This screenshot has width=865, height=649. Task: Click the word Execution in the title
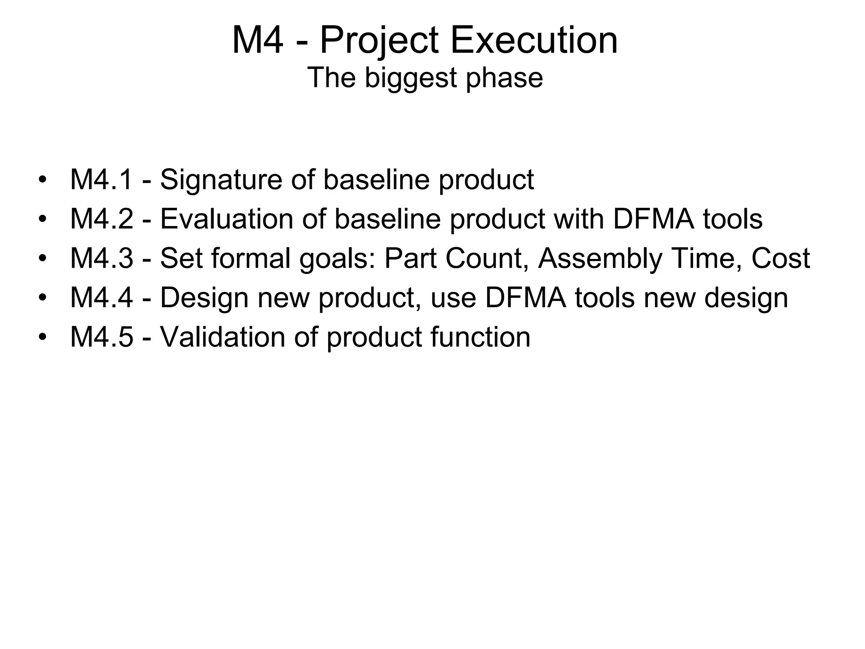tap(534, 41)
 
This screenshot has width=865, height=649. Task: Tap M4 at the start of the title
tap(257, 41)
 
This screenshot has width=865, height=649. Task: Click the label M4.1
tap(101, 180)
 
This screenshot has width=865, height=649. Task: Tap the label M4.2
tap(101, 219)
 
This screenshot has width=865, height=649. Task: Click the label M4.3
tap(101, 258)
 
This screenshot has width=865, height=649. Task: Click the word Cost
tap(781, 258)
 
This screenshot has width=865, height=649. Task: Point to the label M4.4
tap(101, 297)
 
